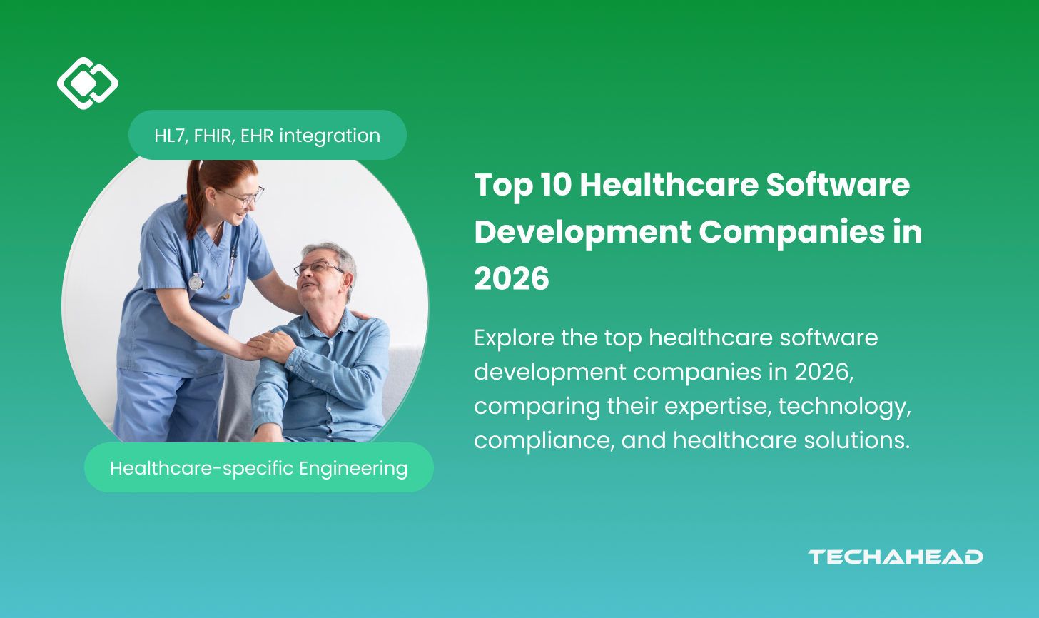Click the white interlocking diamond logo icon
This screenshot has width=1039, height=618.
[x=88, y=83]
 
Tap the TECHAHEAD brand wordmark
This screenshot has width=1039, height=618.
[x=895, y=557]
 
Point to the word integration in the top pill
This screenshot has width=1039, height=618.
[x=330, y=136]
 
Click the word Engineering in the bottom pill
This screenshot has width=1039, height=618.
[x=353, y=469]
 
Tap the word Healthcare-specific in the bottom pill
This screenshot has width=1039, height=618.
[x=202, y=469]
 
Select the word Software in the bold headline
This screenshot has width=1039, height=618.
[x=838, y=185]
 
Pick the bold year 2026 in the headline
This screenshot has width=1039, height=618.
[x=512, y=278]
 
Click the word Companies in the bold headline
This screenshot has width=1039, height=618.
[x=792, y=232]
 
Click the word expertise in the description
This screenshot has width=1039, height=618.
[x=718, y=406]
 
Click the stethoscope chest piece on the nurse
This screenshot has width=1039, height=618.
[x=196, y=282]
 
